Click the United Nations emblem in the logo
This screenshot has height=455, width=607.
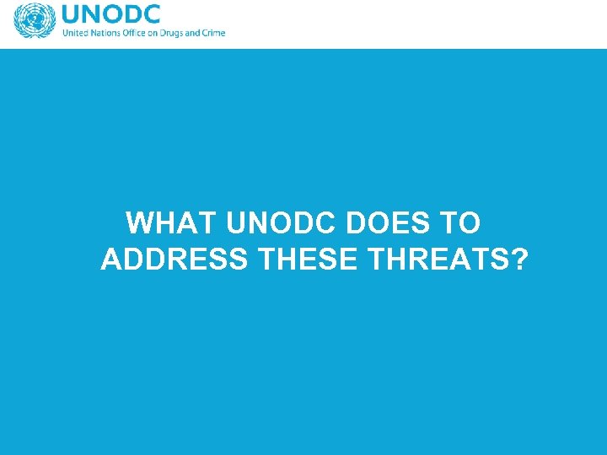[x=34, y=20]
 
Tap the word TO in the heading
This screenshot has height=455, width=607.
[x=460, y=223]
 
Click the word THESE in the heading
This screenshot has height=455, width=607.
[x=309, y=260]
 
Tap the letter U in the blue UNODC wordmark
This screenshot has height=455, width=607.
[x=73, y=14]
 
